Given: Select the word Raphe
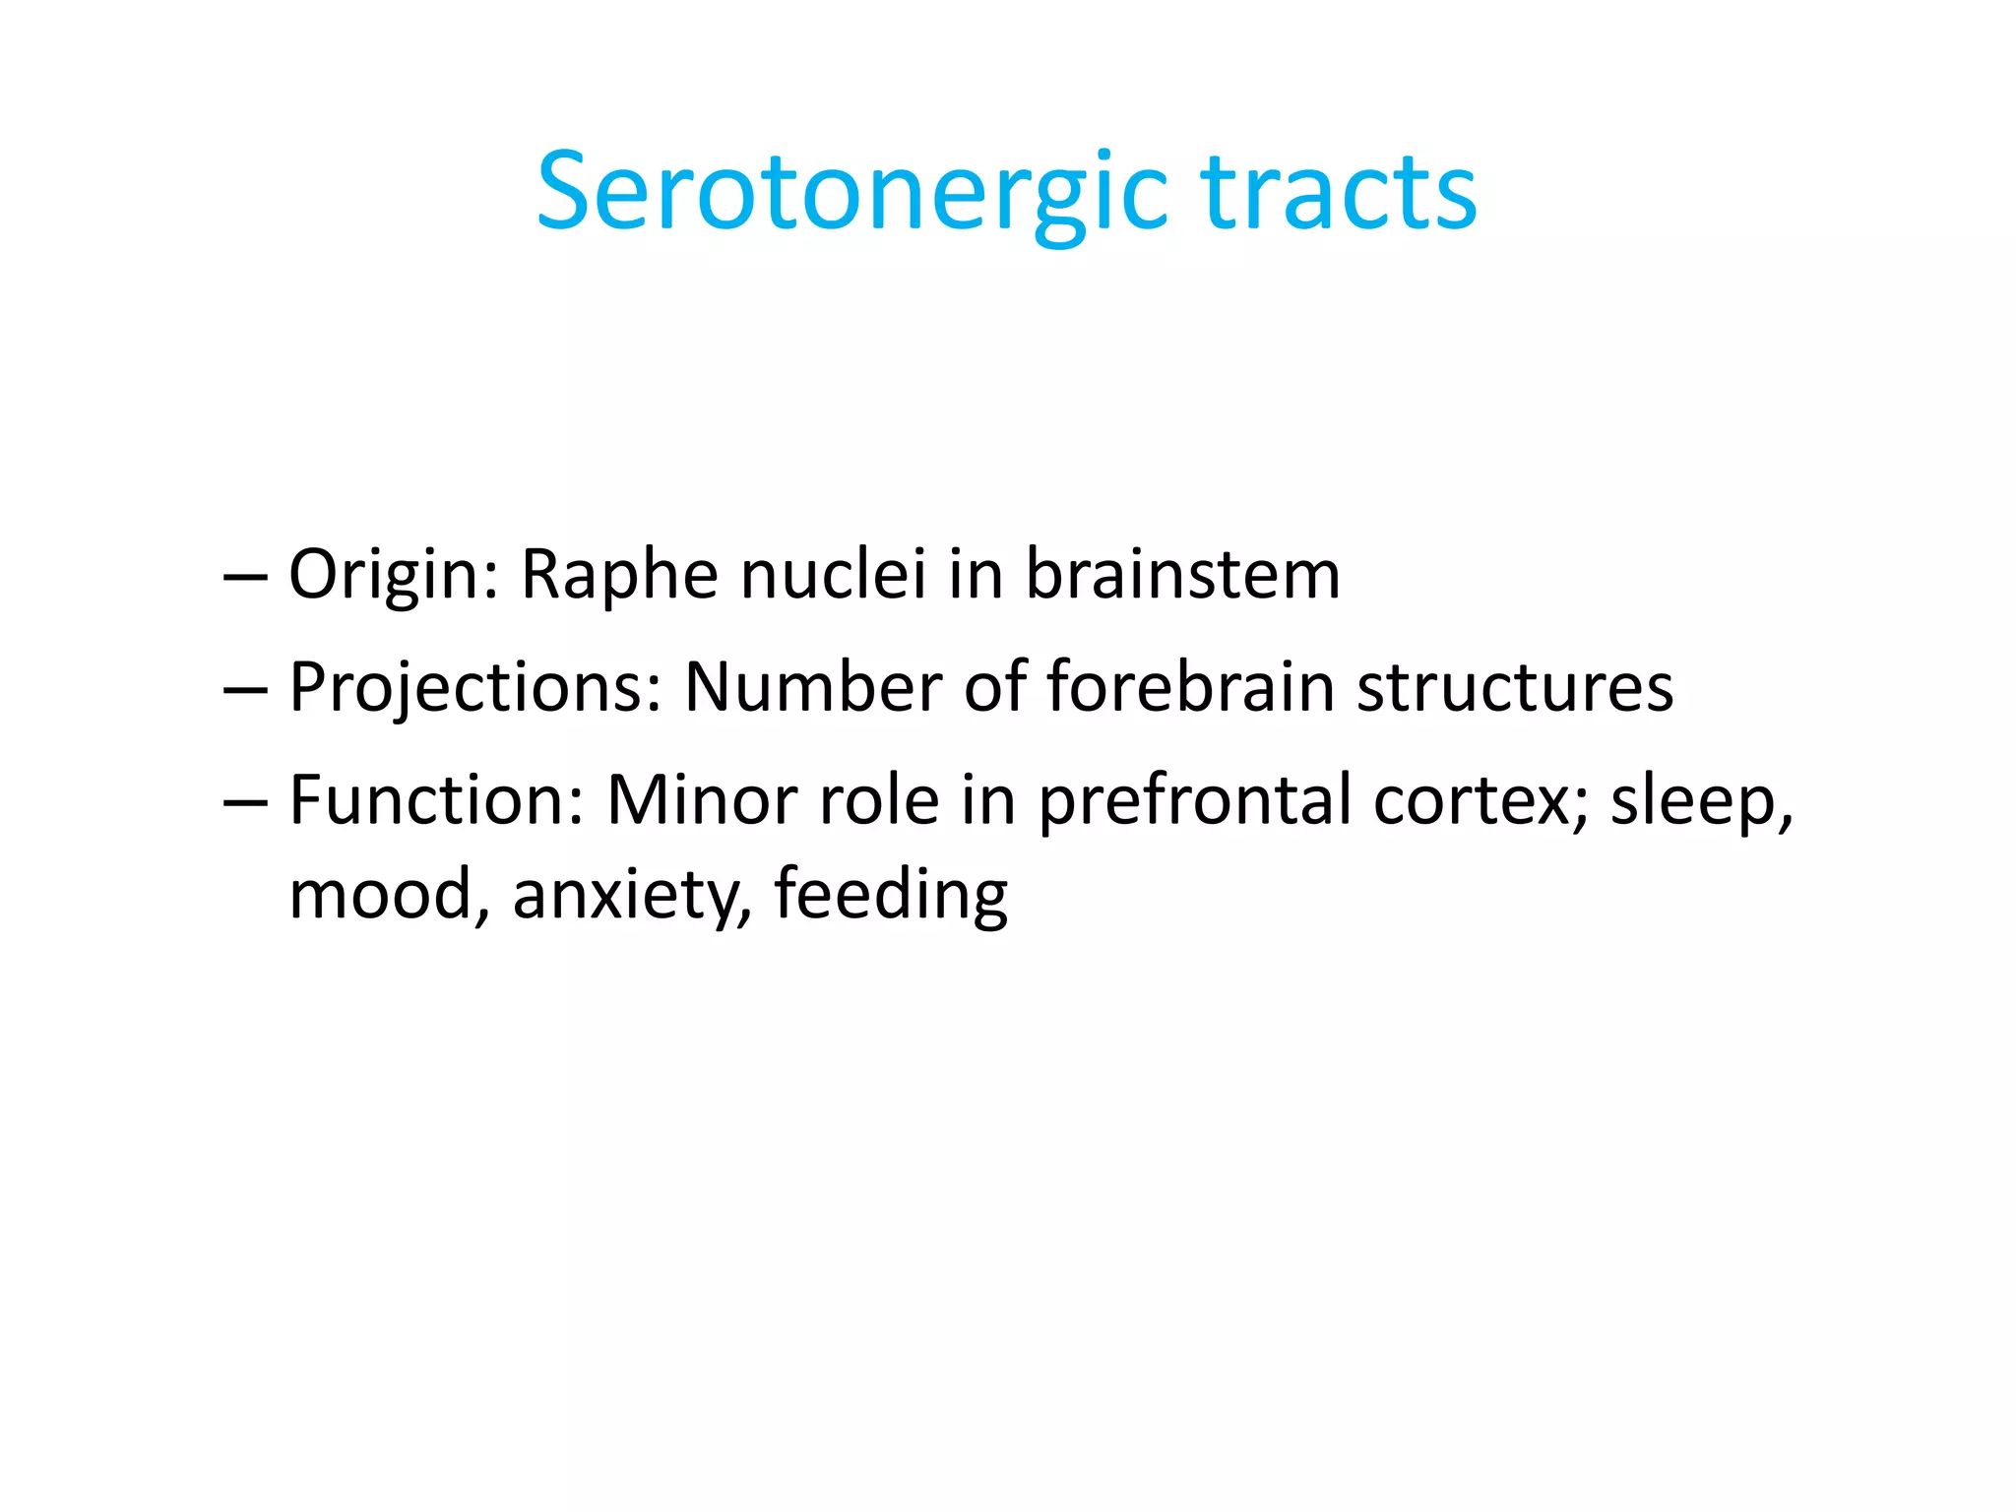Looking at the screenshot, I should pyautogui.click(x=619, y=574).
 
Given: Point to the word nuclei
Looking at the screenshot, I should pyautogui.click(x=833, y=574).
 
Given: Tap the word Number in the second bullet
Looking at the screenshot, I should pyautogui.click(x=813, y=687).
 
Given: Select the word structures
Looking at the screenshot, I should pyautogui.click(x=1515, y=687).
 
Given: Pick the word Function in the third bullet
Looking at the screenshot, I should pyautogui.click(x=438, y=799).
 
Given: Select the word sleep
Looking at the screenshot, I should pyautogui.click(x=1700, y=799).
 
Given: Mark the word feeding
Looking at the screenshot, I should pyautogui.click(x=891, y=894).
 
